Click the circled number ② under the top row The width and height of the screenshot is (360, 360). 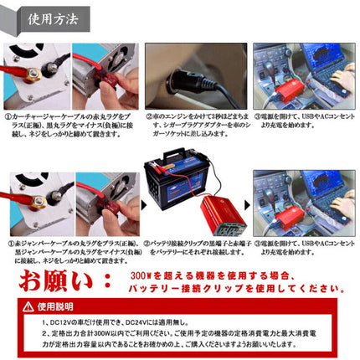click(x=148, y=117)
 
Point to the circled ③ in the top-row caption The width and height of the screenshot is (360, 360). click(x=257, y=117)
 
